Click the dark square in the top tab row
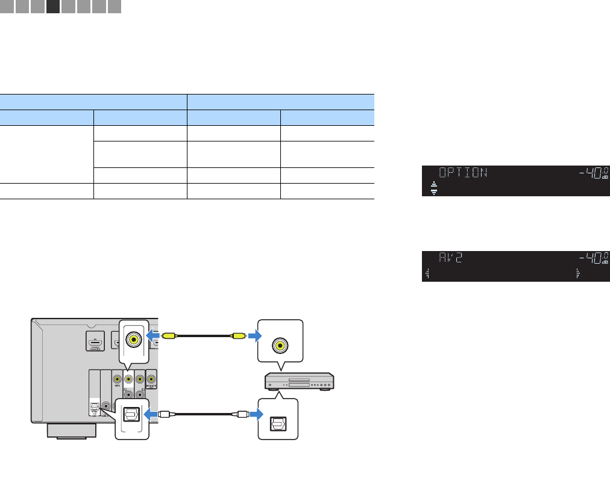tap(53, 7)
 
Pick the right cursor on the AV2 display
tap(578, 274)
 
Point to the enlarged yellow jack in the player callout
tap(278, 346)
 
